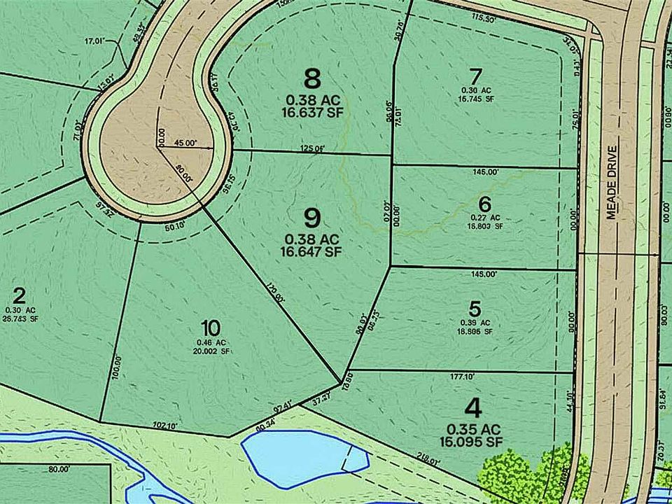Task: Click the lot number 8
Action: click(x=313, y=76)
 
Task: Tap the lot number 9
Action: click(x=313, y=217)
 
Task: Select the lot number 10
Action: click(x=210, y=327)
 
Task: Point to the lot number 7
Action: click(x=477, y=75)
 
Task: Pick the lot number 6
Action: click(x=485, y=204)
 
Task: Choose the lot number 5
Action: click(x=475, y=308)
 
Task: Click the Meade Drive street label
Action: click(x=612, y=182)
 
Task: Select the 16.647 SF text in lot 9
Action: click(x=311, y=251)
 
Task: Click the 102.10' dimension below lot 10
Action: click(x=163, y=425)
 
